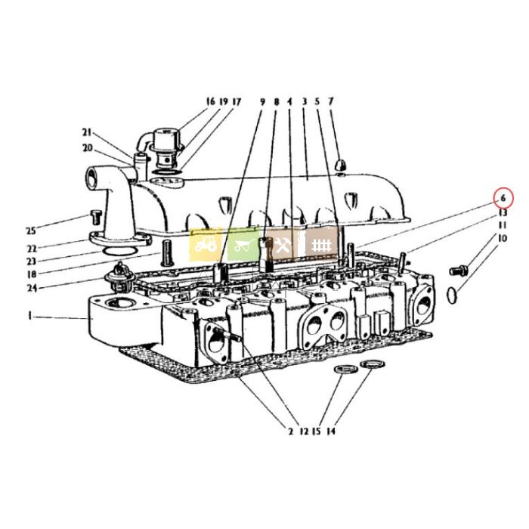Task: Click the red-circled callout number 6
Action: pyautogui.click(x=503, y=198)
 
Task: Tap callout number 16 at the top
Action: pyautogui.click(x=211, y=101)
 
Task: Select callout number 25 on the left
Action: pyautogui.click(x=31, y=231)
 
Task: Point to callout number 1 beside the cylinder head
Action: pyautogui.click(x=30, y=316)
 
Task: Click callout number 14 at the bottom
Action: pyautogui.click(x=331, y=432)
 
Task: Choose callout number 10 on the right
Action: pyautogui.click(x=503, y=238)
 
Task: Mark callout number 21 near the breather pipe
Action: pyautogui.click(x=87, y=132)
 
